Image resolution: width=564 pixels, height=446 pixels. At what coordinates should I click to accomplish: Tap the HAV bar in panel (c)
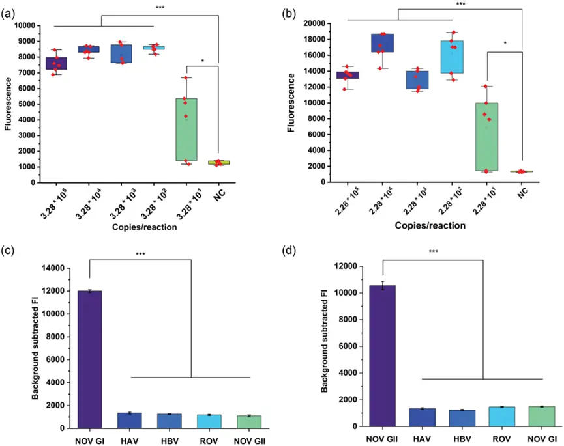[129, 421]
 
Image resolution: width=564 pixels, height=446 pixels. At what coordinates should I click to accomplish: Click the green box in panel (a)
[186, 129]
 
